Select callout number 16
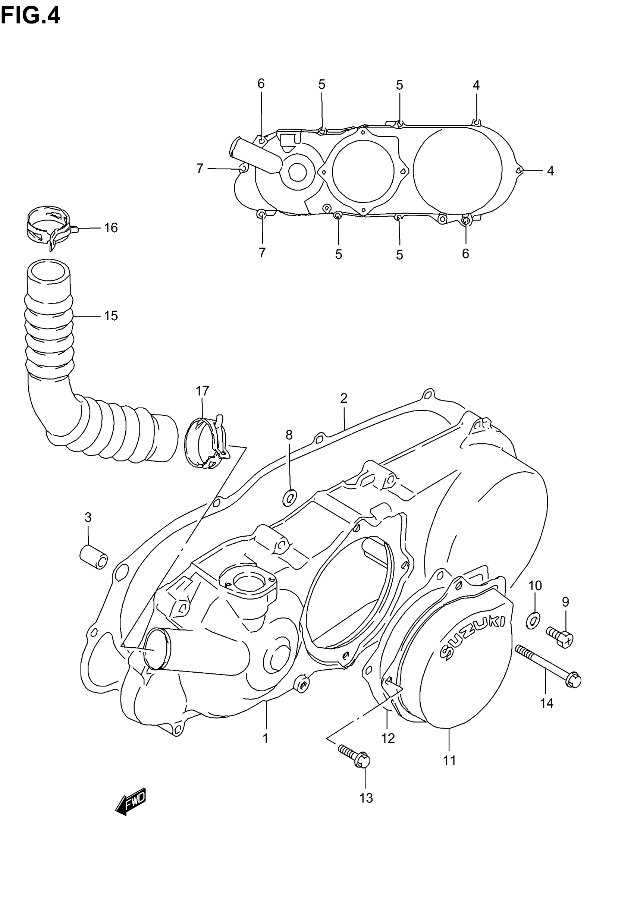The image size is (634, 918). [111, 228]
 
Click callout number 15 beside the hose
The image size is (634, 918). [111, 316]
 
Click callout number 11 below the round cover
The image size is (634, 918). [449, 761]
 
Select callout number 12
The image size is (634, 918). [388, 738]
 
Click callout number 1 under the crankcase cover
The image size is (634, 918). [266, 739]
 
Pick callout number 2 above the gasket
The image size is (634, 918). [343, 398]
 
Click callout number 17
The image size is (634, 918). [202, 391]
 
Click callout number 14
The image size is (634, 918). [547, 704]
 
